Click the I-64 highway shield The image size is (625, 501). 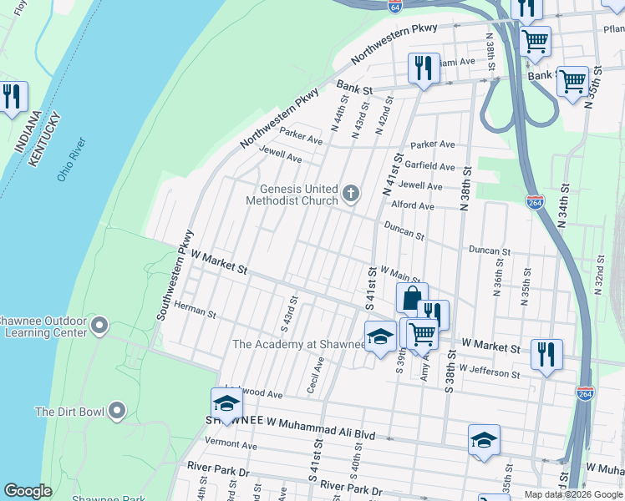(394, 6)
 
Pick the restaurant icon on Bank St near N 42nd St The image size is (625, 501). (424, 67)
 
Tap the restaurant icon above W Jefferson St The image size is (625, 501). (546, 352)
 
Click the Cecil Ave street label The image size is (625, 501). (315, 377)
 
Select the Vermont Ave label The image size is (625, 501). (231, 445)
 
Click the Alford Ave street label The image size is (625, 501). (413, 205)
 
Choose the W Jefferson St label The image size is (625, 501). (490, 371)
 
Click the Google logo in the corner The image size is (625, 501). (28, 491)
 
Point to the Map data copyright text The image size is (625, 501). (573, 494)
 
